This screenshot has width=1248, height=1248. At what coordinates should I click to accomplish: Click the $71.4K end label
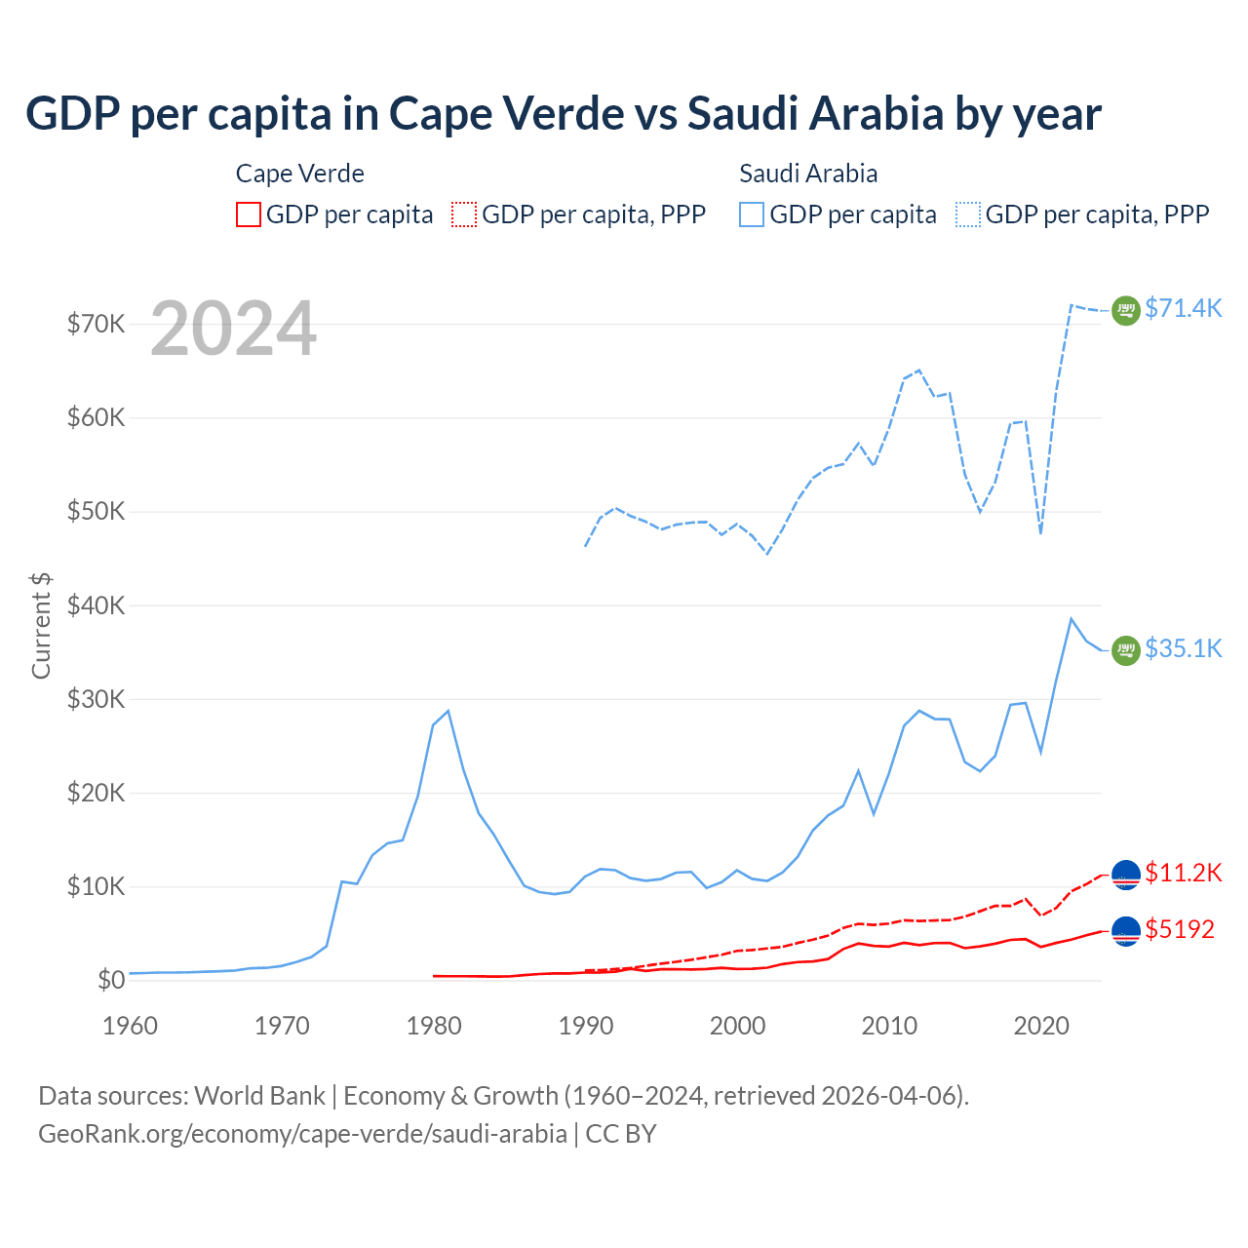[x=1183, y=308]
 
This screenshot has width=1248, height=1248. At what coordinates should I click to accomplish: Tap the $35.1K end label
[x=1183, y=648]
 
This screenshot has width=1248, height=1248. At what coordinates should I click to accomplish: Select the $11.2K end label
[x=1183, y=873]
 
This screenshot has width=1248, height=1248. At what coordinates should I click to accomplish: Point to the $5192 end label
[x=1180, y=929]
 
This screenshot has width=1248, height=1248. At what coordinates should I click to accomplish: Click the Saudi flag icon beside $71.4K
[x=1126, y=310]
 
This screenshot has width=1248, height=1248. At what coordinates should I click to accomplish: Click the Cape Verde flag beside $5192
[x=1126, y=932]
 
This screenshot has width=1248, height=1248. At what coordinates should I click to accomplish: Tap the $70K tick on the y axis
[x=96, y=324]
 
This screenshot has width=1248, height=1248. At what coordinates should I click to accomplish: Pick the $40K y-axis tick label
[x=96, y=605]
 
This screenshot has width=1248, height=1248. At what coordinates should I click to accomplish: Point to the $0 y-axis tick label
[x=110, y=980]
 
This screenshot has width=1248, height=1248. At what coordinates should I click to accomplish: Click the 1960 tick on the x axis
[x=130, y=1026]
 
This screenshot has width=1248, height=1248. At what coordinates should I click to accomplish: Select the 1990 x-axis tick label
[x=585, y=1026]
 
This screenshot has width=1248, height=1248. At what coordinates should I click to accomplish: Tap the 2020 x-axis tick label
[x=1041, y=1026]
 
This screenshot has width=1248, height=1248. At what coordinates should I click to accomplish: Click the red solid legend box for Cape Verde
[x=249, y=214]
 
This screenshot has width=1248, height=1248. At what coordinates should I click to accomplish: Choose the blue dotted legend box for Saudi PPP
[x=968, y=214]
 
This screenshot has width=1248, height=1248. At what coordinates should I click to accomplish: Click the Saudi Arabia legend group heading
[x=808, y=174]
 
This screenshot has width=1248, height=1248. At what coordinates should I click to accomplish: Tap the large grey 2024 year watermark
[x=233, y=330]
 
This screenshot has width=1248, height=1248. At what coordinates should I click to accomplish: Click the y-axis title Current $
[x=41, y=625]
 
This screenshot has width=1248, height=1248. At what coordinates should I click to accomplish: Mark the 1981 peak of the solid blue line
[x=448, y=711]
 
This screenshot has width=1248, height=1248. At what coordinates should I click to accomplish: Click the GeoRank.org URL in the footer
[x=302, y=1134]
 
